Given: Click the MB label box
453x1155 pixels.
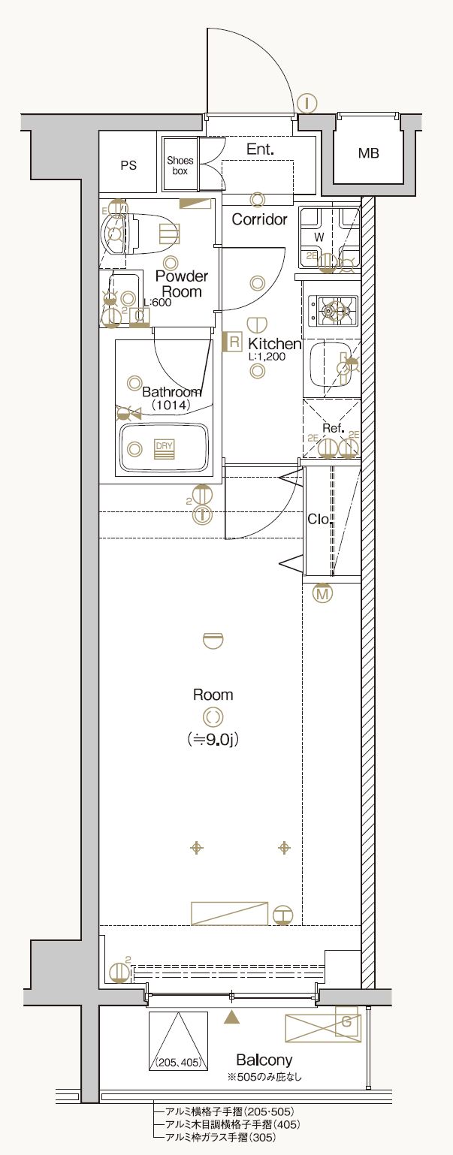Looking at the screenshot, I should coord(368,154).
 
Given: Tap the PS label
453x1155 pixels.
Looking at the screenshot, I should coord(128,165).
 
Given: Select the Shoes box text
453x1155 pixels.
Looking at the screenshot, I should coord(180,166).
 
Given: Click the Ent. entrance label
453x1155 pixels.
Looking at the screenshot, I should coord(260,149).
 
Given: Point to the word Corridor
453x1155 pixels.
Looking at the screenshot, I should coord(259,219).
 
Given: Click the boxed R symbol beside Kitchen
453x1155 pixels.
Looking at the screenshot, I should coord(234,343).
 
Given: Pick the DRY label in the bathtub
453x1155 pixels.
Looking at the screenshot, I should coord(164,448).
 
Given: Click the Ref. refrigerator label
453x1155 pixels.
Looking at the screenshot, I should coord(333,428).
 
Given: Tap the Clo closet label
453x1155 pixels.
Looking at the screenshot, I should coord(318,519).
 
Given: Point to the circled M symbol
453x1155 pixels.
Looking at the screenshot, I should coord(323,594).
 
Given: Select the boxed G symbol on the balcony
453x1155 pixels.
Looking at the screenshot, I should coord(346,1022).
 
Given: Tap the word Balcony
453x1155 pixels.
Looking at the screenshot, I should coord(264,1060).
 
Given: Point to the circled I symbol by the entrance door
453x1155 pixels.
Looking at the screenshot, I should coord(307,103).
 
